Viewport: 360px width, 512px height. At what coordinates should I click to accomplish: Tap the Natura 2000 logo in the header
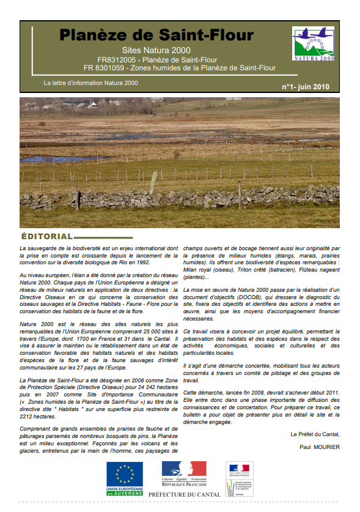click(313, 44)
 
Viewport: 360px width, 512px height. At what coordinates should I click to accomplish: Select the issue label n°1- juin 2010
click(305, 87)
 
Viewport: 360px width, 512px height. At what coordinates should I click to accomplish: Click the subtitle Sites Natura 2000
click(156, 50)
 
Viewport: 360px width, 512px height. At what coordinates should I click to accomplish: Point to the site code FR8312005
click(114, 59)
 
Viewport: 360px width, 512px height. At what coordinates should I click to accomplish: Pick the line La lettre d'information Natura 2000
click(91, 83)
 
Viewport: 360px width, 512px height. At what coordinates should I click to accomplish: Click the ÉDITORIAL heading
click(47, 236)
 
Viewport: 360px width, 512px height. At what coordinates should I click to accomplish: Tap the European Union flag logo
click(125, 475)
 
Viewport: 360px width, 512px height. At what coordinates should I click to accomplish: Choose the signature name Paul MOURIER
click(319, 446)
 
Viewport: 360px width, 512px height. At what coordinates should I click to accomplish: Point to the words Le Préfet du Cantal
click(314, 434)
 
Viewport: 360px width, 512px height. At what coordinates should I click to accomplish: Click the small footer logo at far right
click(239, 477)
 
